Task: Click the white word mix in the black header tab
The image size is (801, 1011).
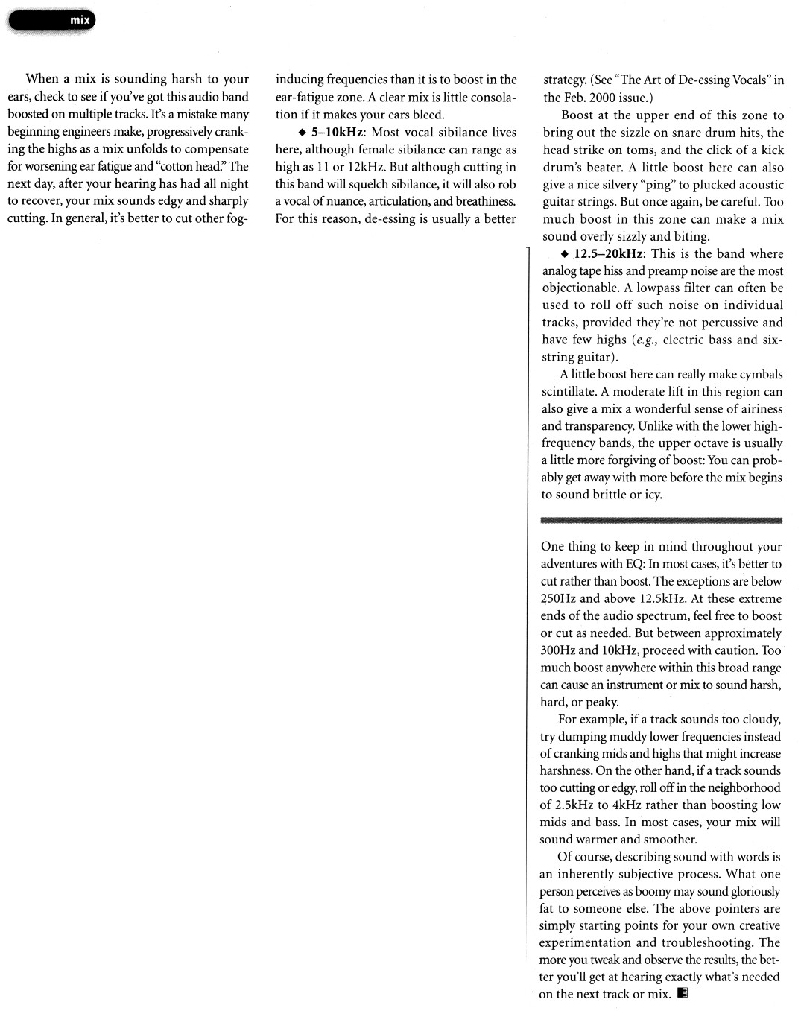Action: (x=80, y=21)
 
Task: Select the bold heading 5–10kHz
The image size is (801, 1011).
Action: (x=332, y=133)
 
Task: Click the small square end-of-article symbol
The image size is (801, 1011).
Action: (x=683, y=994)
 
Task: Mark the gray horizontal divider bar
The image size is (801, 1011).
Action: (x=661, y=519)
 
